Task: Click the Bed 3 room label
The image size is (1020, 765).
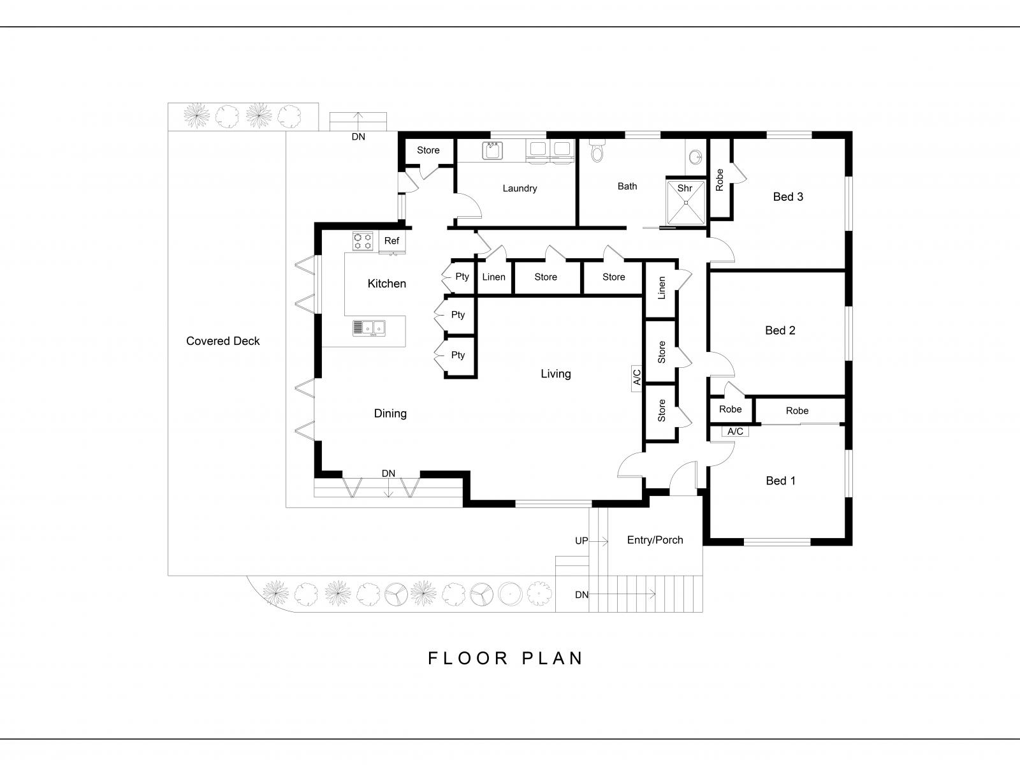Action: (x=788, y=197)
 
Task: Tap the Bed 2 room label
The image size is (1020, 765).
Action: (x=780, y=330)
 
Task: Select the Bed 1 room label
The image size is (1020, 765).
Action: (x=780, y=481)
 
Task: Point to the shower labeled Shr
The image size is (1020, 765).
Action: (x=686, y=203)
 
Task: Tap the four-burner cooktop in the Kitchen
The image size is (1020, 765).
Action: (x=363, y=241)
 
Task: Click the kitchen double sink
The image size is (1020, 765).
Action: (x=369, y=328)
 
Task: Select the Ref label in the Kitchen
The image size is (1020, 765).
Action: (x=391, y=240)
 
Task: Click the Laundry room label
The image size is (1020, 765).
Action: (x=520, y=188)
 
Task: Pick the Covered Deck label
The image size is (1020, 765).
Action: (x=222, y=341)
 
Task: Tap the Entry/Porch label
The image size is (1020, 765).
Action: (x=655, y=540)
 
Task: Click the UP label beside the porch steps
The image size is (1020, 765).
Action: (x=581, y=541)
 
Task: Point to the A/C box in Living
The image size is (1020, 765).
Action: (x=637, y=379)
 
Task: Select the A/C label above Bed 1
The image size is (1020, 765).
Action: (x=735, y=432)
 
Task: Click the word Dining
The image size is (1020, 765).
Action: (x=390, y=413)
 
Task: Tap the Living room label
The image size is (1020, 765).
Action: (x=555, y=374)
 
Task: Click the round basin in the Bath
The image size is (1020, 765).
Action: (x=695, y=157)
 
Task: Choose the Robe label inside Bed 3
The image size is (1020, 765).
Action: (x=719, y=180)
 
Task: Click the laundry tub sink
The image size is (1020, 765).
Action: (x=492, y=150)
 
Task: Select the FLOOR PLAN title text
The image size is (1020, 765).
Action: (x=505, y=658)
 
